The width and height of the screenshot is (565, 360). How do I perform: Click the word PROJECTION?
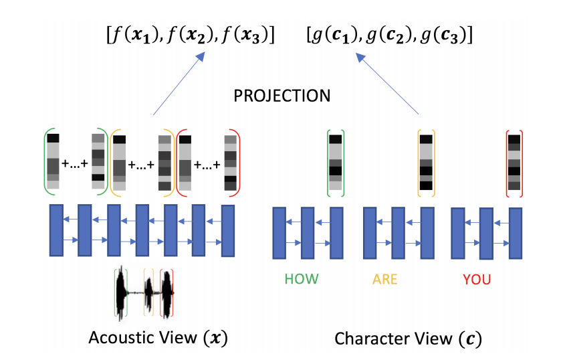tap(281, 96)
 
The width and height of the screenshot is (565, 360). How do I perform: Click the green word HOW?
tap(302, 279)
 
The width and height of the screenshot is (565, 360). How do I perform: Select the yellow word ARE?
tap(385, 280)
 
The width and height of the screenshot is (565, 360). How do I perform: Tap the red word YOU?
tap(477, 280)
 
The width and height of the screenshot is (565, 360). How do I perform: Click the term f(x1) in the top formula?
tap(136, 35)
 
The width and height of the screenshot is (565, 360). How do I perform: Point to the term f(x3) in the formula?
tap(245, 35)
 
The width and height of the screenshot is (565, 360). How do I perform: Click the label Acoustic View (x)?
tap(158, 338)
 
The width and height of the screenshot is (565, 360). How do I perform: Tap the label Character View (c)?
tap(408, 339)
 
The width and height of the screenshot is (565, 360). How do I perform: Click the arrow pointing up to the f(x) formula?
tap(179, 84)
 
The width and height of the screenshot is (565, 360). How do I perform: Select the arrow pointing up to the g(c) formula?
tap(387, 84)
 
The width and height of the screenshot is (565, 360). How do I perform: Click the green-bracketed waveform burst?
tap(122, 293)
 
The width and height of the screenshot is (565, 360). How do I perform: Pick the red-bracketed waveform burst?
tap(166, 294)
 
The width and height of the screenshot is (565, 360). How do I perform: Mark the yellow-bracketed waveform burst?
tap(148, 293)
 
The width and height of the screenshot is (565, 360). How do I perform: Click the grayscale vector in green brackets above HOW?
tap(336, 163)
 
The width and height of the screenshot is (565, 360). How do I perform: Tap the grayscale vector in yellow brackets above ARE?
tap(426, 163)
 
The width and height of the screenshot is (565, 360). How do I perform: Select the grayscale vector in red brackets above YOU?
tap(514, 163)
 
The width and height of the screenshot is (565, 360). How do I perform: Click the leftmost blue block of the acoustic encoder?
tap(56, 230)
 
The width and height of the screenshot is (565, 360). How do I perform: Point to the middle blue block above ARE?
tap(398, 233)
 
